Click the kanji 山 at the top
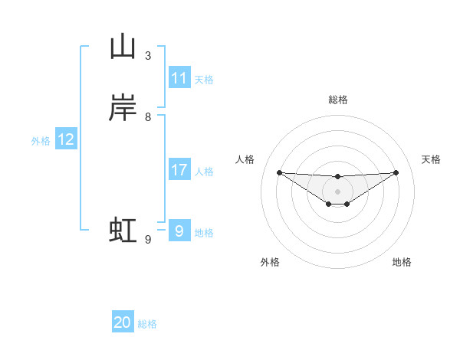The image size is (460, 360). click(123, 47)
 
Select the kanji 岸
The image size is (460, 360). click(123, 109)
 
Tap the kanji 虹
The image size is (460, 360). click(123, 231)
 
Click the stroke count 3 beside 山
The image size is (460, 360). click(148, 56)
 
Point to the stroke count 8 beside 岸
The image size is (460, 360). click(148, 117)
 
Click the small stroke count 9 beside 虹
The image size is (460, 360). click(148, 240)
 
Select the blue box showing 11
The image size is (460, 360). click(179, 78)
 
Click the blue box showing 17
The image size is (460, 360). click(179, 170)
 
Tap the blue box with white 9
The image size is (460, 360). click(179, 231)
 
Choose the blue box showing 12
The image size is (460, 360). click(66, 139)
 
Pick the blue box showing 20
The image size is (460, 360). click(123, 323)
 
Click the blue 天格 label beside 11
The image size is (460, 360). click(204, 79)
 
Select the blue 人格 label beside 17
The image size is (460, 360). click(204, 172)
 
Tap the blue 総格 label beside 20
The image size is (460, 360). click(147, 324)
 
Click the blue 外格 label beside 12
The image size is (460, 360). click(41, 141)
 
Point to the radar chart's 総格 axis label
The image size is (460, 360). click(337, 100)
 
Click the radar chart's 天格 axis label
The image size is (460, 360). click(432, 159)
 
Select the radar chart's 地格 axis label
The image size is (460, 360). click(402, 262)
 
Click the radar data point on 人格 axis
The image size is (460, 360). click(279, 172)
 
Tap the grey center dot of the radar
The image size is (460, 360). click(337, 191)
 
